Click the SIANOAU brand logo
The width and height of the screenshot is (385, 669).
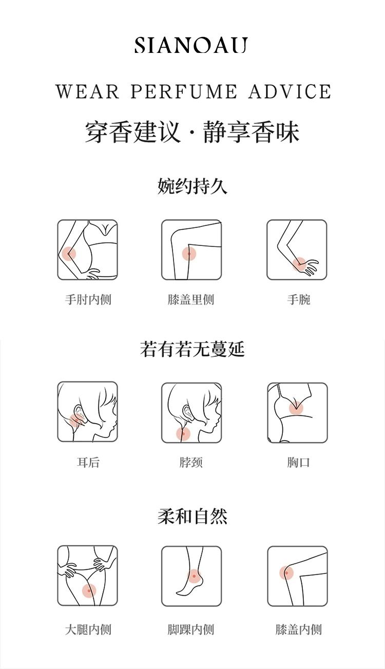tap(191, 45)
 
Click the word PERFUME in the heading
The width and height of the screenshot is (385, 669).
tap(184, 91)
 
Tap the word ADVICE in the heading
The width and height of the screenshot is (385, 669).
tap(290, 91)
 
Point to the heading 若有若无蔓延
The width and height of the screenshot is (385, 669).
tap(192, 349)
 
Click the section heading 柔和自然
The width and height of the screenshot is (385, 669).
tap(192, 516)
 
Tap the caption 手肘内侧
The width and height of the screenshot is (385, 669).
tap(88, 299)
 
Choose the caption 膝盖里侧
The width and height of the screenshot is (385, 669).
tap(191, 299)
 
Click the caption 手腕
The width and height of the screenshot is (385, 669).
tap(299, 299)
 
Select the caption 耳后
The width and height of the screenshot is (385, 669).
tap(88, 462)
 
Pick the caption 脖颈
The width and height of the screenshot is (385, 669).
tap(191, 462)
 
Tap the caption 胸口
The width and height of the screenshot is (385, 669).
tap(299, 462)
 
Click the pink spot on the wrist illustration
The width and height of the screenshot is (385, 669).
tap(300, 264)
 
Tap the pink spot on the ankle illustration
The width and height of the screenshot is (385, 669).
tap(194, 576)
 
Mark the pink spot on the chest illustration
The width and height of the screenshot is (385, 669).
tap(296, 408)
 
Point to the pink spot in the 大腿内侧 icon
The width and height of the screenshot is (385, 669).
tap(89, 590)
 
